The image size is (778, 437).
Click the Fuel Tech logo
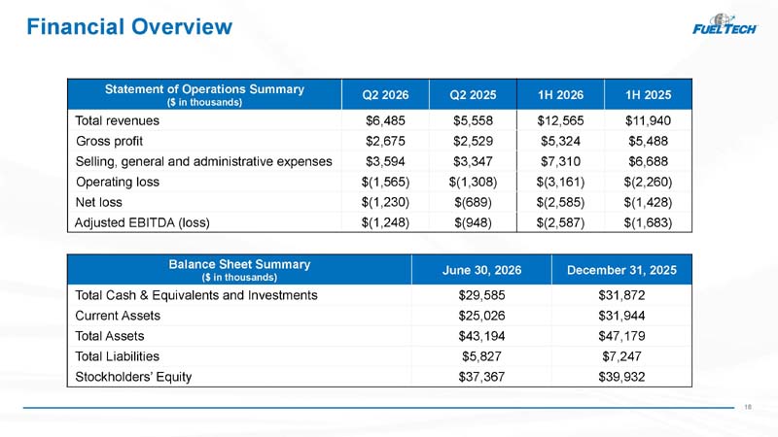point(725,24)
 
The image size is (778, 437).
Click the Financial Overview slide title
point(129,27)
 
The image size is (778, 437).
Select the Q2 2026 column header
point(385,94)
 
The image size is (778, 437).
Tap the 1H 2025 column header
point(648,94)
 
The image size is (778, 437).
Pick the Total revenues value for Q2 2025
point(473,120)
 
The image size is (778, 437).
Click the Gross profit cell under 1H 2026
point(560,141)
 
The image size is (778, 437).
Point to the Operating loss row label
point(118,182)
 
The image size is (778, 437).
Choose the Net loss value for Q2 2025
point(473,202)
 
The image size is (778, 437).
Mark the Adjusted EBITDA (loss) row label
point(142,223)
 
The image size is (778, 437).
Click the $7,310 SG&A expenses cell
point(560,161)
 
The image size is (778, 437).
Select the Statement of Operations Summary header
point(204,94)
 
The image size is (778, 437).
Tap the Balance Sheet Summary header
point(239,270)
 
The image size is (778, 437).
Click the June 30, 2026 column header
point(481,270)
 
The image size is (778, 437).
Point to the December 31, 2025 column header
point(621,270)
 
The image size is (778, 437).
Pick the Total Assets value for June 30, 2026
point(481,336)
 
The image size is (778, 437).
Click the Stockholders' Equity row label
point(133,377)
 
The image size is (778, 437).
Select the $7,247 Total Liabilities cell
point(621,356)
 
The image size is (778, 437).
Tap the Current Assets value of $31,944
point(621,316)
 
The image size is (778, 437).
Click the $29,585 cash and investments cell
point(481,295)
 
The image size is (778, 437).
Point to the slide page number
point(748,407)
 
